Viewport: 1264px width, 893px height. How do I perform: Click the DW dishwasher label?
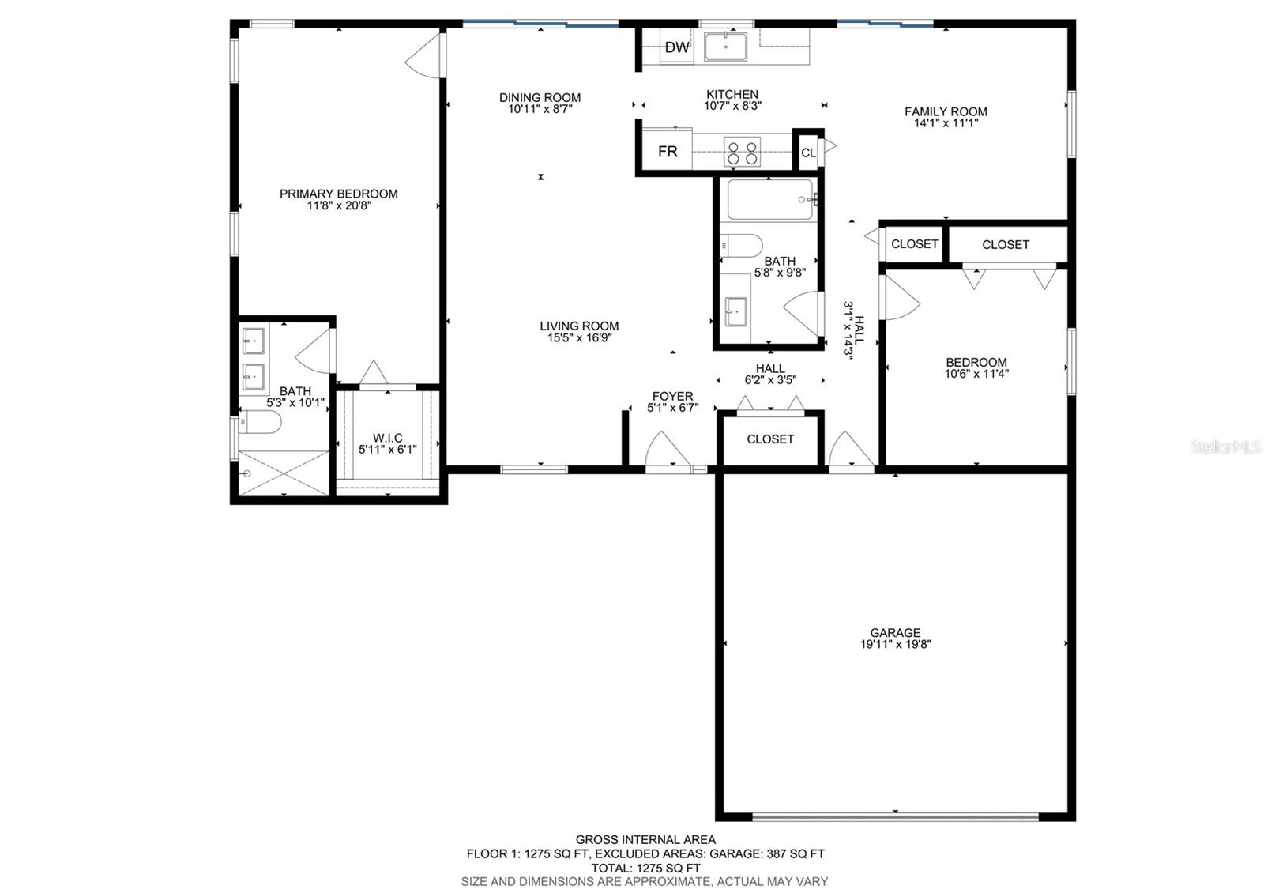[676, 47]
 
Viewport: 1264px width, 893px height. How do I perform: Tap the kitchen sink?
[726, 47]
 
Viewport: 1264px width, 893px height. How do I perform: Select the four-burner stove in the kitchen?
[742, 153]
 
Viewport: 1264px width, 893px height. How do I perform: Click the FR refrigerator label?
[668, 151]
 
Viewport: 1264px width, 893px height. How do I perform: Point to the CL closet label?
[808, 153]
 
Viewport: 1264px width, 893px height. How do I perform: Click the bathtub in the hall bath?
[770, 199]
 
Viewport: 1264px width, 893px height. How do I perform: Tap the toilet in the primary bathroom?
[260, 422]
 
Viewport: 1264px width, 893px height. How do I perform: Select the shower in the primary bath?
[284, 473]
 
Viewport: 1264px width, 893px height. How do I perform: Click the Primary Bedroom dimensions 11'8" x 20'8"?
[339, 206]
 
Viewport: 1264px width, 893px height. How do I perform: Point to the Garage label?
[895, 633]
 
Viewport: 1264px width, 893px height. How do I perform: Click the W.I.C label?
[388, 438]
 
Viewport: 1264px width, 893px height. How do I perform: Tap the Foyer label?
[672, 396]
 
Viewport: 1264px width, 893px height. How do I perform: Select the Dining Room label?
[540, 98]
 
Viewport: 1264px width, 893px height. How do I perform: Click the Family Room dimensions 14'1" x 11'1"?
[946, 123]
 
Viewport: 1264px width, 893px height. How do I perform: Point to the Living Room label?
[579, 326]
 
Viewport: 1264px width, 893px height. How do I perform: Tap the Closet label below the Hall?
[770, 439]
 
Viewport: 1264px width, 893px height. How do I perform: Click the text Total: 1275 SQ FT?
[645, 869]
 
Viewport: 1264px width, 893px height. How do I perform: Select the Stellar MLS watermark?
[1225, 447]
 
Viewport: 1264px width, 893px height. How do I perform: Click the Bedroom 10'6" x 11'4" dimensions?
[976, 373]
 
